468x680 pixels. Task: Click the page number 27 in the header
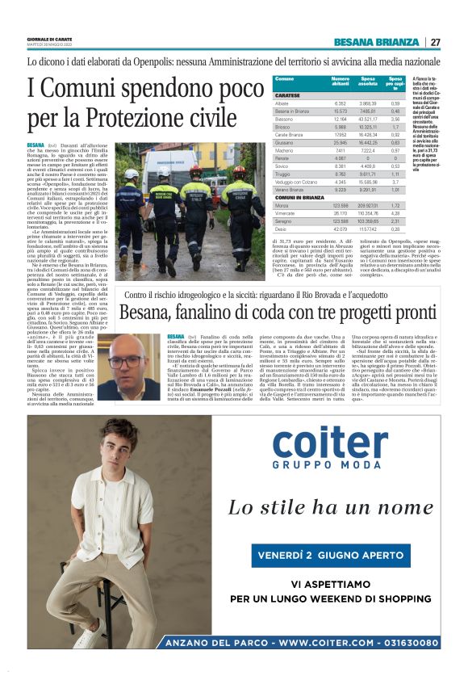click(x=435, y=42)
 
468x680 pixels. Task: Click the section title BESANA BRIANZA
click(x=378, y=42)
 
